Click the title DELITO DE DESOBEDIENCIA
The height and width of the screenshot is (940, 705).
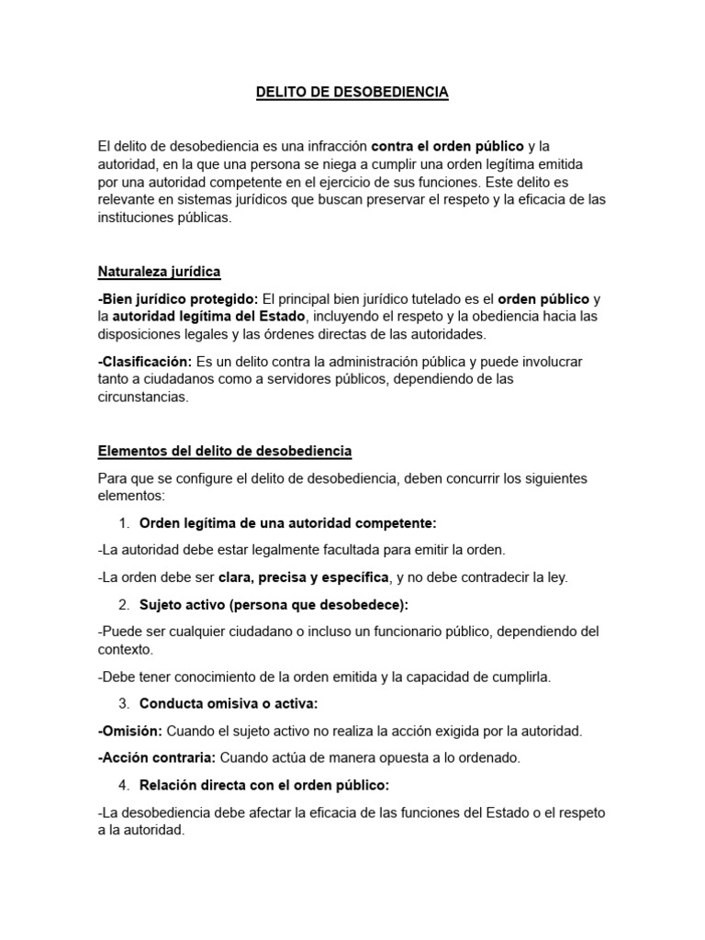[x=352, y=93]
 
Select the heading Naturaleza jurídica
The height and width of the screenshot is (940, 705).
[x=159, y=272]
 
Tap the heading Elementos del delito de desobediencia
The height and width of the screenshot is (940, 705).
[x=224, y=452]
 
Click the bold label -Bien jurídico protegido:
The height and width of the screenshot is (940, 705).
[x=178, y=299]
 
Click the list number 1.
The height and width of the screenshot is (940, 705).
[x=124, y=523]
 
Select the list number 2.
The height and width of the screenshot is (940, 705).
[x=124, y=605]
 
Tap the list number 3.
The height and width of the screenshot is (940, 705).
[x=124, y=704]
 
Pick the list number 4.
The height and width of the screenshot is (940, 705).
[x=124, y=785]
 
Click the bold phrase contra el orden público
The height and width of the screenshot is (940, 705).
[x=447, y=146]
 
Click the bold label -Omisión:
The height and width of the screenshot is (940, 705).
[x=129, y=731]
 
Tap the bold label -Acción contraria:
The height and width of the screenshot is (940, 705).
[x=156, y=758]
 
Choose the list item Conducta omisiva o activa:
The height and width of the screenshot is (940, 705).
[x=229, y=704]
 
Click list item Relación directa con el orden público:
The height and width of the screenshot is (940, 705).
[x=264, y=785]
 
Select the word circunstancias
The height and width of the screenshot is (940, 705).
[x=142, y=397]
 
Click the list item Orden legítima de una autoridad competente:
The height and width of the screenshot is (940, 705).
[x=287, y=523]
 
